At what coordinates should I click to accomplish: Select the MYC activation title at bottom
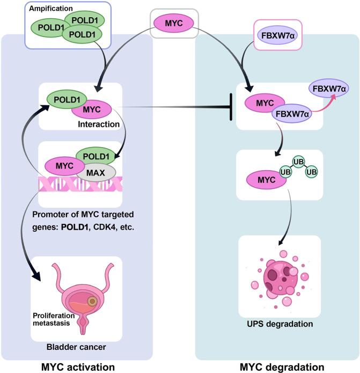point(77,366)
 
